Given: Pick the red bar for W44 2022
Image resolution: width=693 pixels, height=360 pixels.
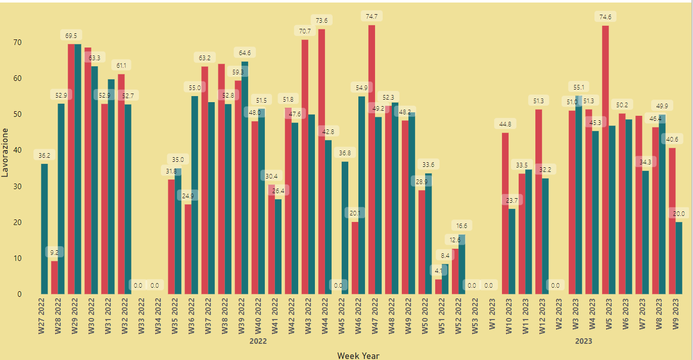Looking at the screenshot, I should pyautogui.click(x=321, y=161).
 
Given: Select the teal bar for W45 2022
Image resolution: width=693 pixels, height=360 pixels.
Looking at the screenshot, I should pyautogui.click(x=345, y=228).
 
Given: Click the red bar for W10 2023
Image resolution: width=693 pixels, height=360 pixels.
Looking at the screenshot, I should pyautogui.click(x=505, y=213).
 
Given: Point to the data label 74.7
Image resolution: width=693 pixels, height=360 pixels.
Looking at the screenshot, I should pyautogui.click(x=372, y=17).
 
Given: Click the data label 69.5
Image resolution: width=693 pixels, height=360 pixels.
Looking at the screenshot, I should pyautogui.click(x=71, y=36).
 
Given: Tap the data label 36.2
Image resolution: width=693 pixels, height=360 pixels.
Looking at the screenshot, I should pyautogui.click(x=44, y=156).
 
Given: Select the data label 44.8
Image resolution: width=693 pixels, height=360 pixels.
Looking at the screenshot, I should pyautogui.click(x=505, y=124).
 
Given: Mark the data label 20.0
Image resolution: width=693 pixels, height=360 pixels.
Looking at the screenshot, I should pyautogui.click(x=679, y=213).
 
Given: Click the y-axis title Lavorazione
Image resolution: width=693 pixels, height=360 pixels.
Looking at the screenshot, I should pyautogui.click(x=6, y=152).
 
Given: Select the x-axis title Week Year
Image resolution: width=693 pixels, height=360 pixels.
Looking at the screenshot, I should pyautogui.click(x=358, y=355).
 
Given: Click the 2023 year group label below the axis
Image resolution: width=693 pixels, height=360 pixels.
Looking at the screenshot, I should pyautogui.click(x=583, y=341).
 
